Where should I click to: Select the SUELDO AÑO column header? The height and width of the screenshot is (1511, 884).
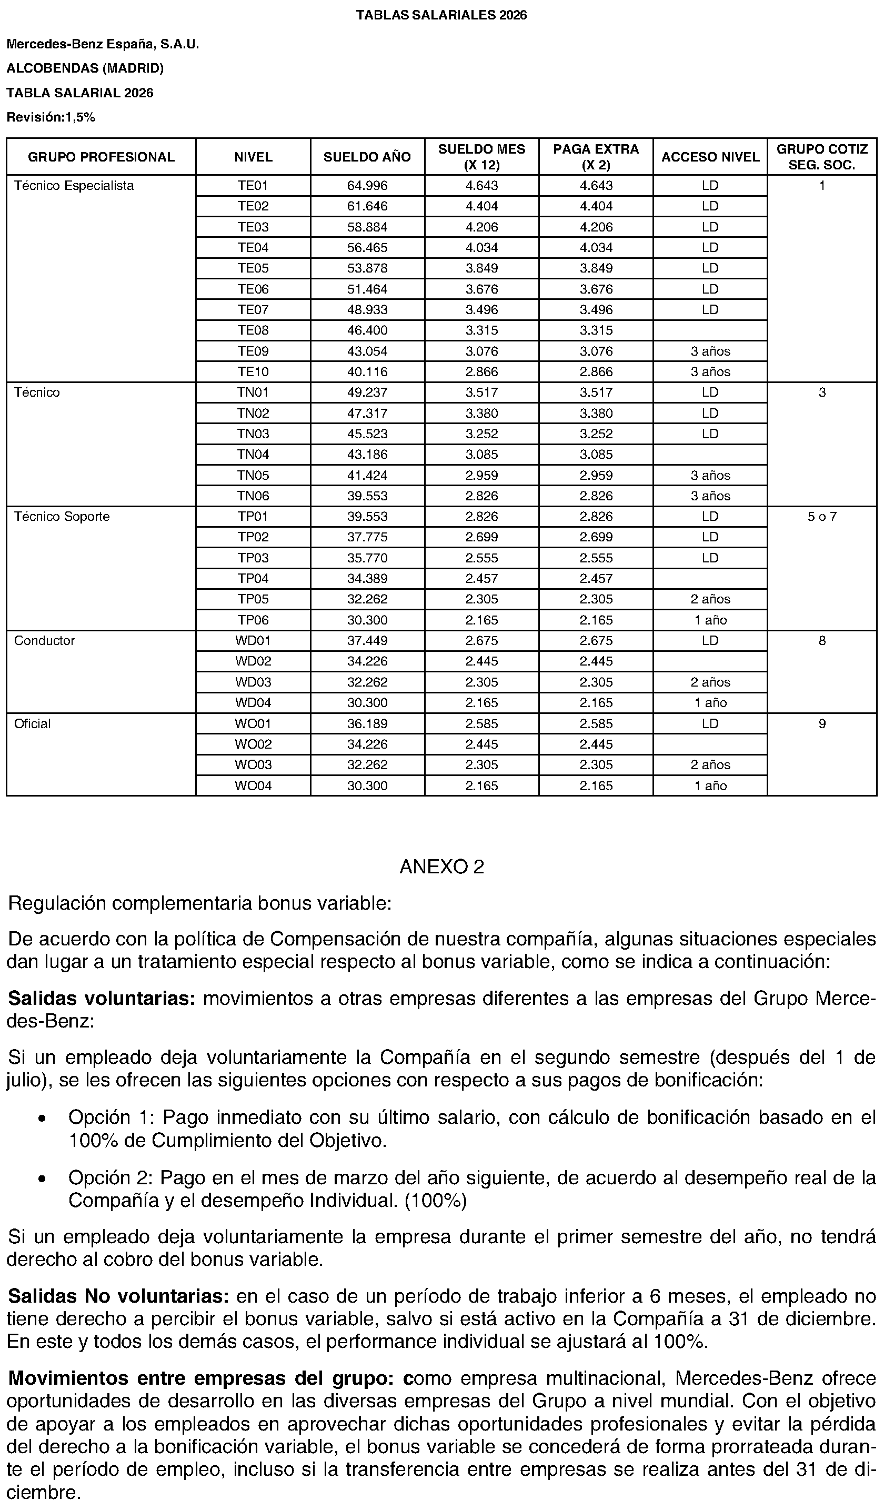point(367,157)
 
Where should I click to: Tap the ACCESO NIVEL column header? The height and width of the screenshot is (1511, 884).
point(710,157)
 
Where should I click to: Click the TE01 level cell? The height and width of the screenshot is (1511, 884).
point(253,186)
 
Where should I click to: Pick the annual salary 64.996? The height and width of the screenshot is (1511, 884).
point(367,186)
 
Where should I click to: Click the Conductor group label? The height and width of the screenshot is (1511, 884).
point(44,641)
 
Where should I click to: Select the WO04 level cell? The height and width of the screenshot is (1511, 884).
point(253,785)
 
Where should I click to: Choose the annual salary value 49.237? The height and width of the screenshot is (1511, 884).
point(367,392)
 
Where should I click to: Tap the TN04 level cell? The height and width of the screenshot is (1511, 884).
point(253,455)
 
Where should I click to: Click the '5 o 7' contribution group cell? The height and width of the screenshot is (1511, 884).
point(821,517)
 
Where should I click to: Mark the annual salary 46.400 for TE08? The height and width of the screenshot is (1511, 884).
point(367,330)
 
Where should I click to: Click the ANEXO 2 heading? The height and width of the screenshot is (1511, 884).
point(441,867)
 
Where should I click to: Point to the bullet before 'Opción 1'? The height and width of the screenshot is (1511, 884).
point(41,1120)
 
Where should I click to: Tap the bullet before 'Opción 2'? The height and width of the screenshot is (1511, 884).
point(41,1180)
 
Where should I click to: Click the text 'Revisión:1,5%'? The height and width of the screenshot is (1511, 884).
point(51,117)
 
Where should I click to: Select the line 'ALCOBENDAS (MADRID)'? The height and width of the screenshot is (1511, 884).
point(85,68)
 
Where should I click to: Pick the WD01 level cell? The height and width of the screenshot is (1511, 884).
point(253,641)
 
